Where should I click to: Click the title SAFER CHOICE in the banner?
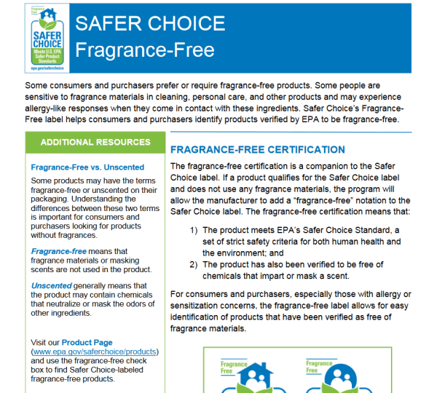point(151,23)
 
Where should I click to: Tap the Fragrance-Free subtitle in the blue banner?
point(145,50)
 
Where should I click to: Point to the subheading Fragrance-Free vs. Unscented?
point(87,167)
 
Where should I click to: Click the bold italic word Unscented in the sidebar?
point(52,285)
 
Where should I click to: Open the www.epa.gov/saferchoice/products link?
point(95,352)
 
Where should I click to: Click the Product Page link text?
point(87,342)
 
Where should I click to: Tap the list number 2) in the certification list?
point(194,264)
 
